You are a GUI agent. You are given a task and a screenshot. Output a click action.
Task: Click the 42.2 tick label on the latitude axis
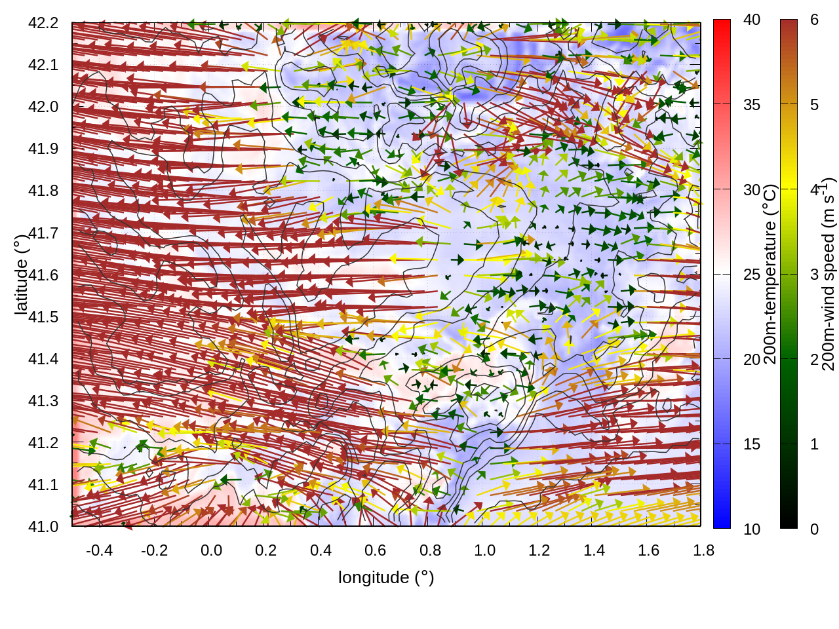pyautogui.click(x=43, y=23)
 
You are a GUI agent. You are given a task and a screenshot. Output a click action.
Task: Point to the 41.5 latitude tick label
pyautogui.click(x=43, y=317)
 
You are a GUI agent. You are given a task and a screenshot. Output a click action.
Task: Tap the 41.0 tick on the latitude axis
pyautogui.click(x=43, y=527)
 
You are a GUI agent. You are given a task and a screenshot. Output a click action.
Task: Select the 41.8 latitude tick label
pyautogui.click(x=43, y=191)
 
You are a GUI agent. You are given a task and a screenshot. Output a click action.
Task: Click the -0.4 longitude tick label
pyautogui.click(x=99, y=550)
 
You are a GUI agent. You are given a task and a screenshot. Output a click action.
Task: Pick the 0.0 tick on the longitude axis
pyautogui.click(x=211, y=550)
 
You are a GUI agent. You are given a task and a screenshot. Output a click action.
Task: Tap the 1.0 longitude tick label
pyautogui.click(x=484, y=550)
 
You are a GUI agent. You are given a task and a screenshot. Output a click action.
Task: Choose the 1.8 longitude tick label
pyautogui.click(x=703, y=550)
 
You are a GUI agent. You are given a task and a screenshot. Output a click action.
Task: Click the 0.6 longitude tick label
pyautogui.click(x=375, y=550)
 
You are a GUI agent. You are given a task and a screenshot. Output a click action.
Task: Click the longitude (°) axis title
pyautogui.click(x=386, y=577)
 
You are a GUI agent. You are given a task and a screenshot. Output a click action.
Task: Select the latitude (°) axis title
pyautogui.click(x=21, y=274)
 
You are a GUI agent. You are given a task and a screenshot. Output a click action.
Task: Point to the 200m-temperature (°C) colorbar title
pyautogui.click(x=770, y=274)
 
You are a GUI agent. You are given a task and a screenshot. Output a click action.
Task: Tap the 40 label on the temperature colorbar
pyautogui.click(x=752, y=20)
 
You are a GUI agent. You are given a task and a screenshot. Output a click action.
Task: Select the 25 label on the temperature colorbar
pyautogui.click(x=752, y=275)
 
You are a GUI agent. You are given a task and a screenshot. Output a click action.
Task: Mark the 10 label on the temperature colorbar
pyautogui.click(x=752, y=529)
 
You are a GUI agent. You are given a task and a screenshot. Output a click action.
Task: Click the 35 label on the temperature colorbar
pyautogui.click(x=752, y=105)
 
